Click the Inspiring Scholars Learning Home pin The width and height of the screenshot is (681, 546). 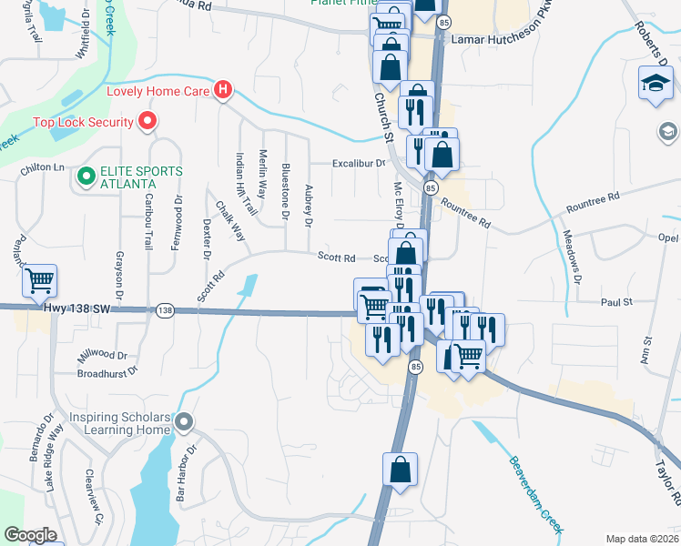[x=185, y=421]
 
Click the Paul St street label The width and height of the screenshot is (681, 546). [x=616, y=301]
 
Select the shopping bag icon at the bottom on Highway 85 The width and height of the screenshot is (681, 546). [x=401, y=470]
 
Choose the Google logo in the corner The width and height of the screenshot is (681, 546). [x=30, y=535]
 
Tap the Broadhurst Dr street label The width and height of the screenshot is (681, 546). [x=107, y=371]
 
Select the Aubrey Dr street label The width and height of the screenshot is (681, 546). [x=310, y=207]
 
